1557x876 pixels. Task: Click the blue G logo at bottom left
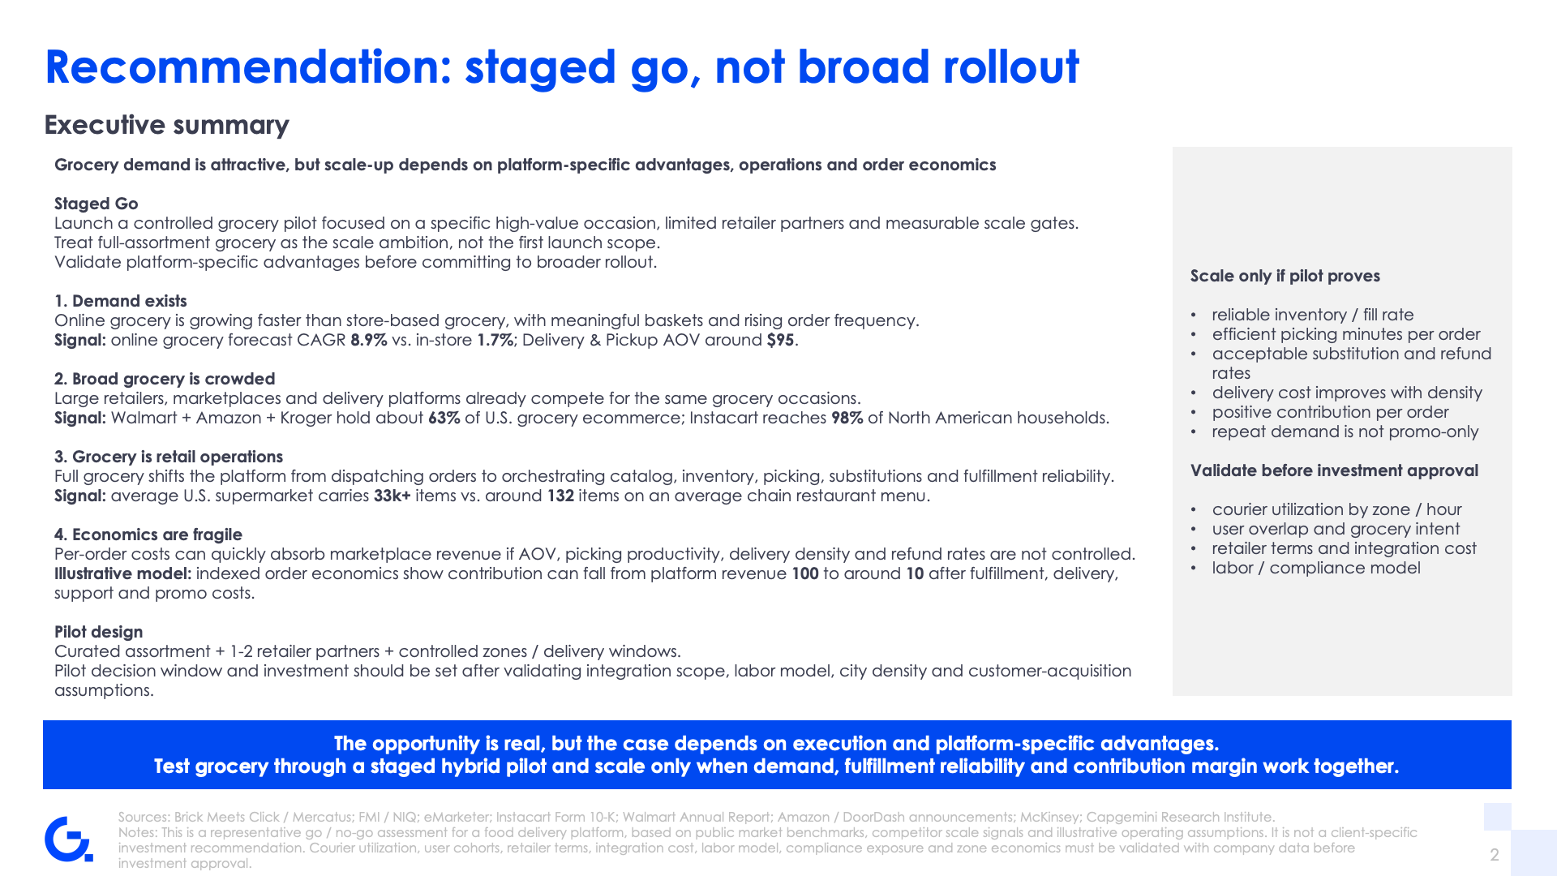[x=68, y=839]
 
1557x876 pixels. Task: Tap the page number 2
[x=1495, y=854]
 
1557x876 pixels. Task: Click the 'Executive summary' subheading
[x=166, y=125]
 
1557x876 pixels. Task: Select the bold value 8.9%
[x=368, y=340]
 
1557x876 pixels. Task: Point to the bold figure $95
[x=780, y=340]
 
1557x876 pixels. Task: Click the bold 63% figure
[x=444, y=418]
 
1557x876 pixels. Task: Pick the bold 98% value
[x=847, y=418]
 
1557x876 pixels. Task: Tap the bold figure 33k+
[x=392, y=496]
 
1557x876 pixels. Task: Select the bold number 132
[x=560, y=496]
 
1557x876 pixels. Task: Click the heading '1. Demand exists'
[x=120, y=301]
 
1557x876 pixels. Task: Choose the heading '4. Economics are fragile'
[x=148, y=535]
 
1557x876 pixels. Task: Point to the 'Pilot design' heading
[x=98, y=632]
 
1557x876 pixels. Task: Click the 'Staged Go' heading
[x=96, y=204]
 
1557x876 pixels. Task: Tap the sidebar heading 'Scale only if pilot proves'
[x=1285, y=276]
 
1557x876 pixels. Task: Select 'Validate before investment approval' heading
[x=1334, y=470]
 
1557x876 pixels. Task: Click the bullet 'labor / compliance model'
[x=1316, y=568]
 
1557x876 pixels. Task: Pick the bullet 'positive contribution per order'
[x=1330, y=412]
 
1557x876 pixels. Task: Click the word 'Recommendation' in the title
[x=248, y=67]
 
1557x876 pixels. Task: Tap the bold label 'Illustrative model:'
[x=122, y=573]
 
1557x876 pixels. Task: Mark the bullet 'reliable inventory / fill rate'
[x=1312, y=315]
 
